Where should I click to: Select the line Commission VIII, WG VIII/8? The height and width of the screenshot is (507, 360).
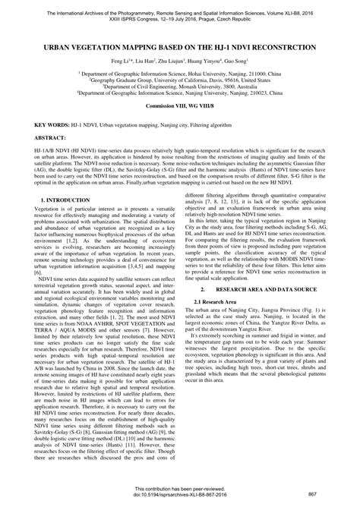click(x=180, y=106)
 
